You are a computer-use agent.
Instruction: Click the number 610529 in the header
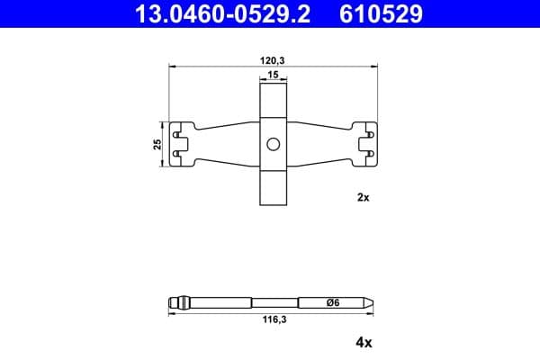(379, 13)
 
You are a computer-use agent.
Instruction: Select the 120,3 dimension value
(272, 58)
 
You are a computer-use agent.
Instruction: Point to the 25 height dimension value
(157, 144)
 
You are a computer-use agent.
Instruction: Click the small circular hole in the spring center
(272, 144)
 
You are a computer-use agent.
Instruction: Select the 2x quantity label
(363, 197)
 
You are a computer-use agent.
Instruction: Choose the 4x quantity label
(363, 342)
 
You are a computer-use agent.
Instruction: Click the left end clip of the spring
(184, 144)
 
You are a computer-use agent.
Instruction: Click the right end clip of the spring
(364, 144)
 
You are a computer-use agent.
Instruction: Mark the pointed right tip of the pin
(369, 303)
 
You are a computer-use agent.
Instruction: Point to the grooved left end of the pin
(180, 303)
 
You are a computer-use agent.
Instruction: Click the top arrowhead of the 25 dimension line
(164, 124)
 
